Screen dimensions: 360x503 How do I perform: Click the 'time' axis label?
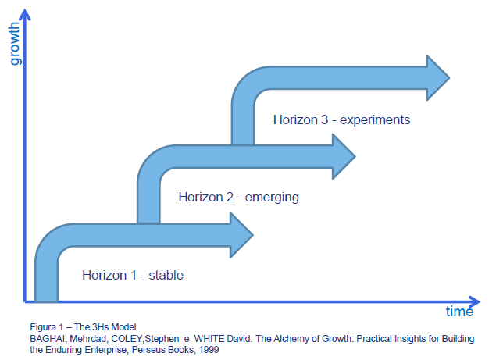click(x=459, y=312)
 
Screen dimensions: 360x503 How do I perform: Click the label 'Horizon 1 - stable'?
click(x=133, y=275)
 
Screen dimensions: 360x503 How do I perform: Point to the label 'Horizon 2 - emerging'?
click(x=238, y=197)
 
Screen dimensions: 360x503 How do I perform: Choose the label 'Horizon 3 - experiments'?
click(x=341, y=120)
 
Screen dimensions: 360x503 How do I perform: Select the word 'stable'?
click(x=166, y=275)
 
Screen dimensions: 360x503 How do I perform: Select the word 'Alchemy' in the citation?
click(x=274, y=339)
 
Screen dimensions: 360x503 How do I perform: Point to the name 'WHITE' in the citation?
click(x=195, y=339)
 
